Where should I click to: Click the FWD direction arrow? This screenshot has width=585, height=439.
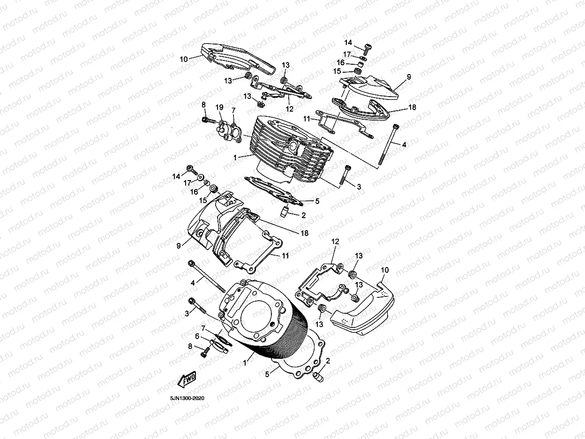[x=187, y=379]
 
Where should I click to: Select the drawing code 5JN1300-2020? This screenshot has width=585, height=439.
[x=187, y=398]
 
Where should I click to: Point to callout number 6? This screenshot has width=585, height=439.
[x=197, y=336]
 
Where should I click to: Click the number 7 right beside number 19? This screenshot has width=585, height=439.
[x=233, y=110]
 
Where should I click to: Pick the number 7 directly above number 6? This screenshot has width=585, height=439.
[x=203, y=327]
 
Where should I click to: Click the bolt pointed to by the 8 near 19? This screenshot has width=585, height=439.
[x=205, y=121]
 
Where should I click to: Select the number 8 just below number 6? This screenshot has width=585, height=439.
[x=190, y=347]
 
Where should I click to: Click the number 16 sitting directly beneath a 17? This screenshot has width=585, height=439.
[x=341, y=62]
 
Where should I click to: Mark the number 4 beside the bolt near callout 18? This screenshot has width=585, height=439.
[x=404, y=145]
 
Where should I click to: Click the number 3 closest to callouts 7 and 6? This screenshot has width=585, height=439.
[x=187, y=313]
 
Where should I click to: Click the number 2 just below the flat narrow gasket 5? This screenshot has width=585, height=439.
[x=303, y=215]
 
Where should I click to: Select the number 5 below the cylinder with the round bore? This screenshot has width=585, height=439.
[x=268, y=374]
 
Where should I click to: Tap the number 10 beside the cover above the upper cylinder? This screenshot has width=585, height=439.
[x=183, y=59]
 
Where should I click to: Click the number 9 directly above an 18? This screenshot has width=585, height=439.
[x=409, y=76]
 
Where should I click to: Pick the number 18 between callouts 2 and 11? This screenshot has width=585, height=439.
[x=304, y=233]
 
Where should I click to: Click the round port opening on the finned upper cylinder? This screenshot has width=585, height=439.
[x=293, y=146]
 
